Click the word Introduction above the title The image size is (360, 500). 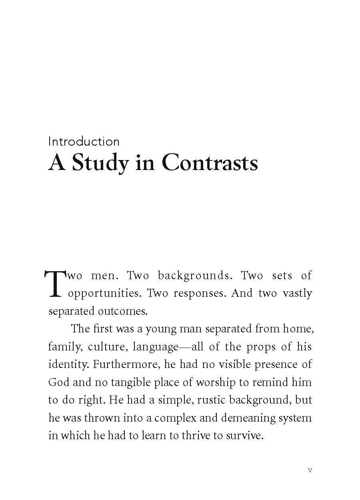click(x=84, y=142)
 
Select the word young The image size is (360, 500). click(x=162, y=329)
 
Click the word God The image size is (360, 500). click(x=59, y=382)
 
